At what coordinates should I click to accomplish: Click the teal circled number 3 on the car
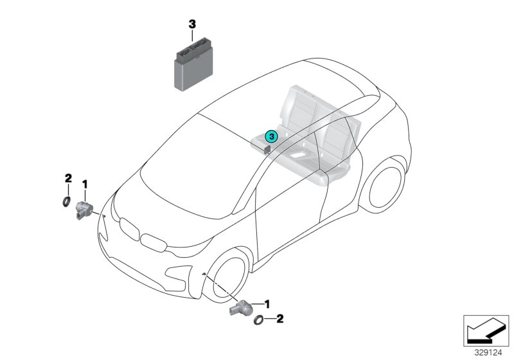[x=271, y=136]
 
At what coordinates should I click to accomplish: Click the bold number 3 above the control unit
[x=191, y=24]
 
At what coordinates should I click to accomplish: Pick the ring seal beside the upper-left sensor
[x=66, y=203]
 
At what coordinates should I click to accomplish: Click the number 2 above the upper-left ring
[x=67, y=177]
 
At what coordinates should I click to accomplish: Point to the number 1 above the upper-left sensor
[x=84, y=185]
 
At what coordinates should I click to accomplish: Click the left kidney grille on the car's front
[x=130, y=229]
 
